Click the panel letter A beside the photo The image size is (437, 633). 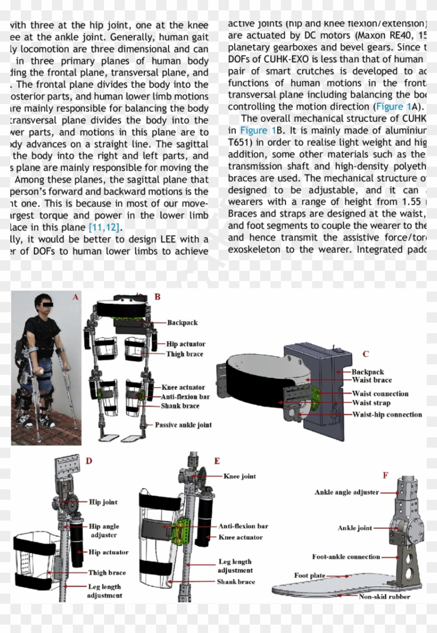[75, 297]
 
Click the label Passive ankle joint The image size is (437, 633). [183, 425]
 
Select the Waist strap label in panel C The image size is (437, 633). [371, 403]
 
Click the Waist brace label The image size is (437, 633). [372, 381]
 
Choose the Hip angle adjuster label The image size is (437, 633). [104, 531]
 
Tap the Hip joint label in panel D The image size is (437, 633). [103, 502]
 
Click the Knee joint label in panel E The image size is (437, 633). [240, 476]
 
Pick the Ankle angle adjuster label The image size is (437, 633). [346, 492]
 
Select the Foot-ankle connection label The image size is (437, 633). [346, 556]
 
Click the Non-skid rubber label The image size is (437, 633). [384, 597]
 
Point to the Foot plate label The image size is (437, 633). [310, 575]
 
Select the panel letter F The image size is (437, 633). [385, 475]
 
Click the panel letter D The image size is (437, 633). [89, 461]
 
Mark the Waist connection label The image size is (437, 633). [380, 394]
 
